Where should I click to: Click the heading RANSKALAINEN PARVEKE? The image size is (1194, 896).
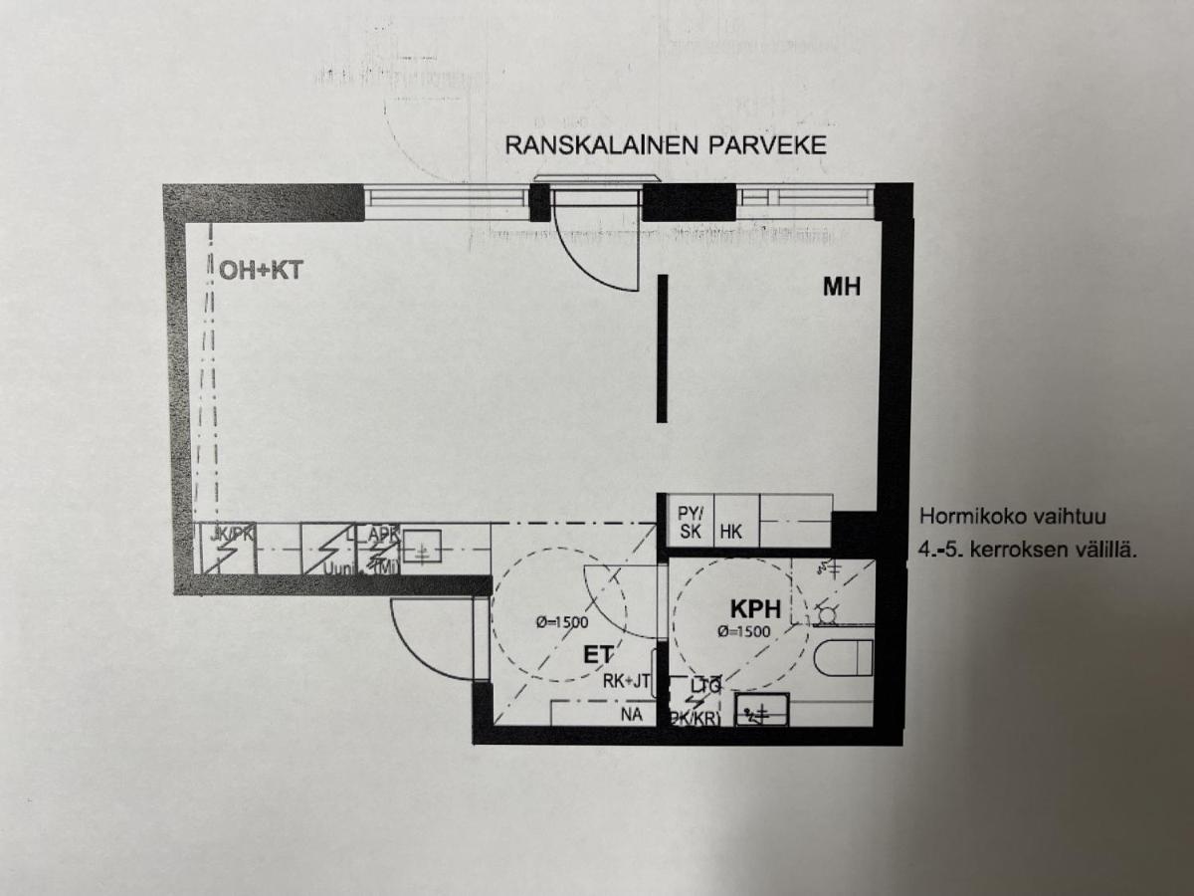click(666, 144)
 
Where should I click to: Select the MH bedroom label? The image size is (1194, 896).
click(841, 287)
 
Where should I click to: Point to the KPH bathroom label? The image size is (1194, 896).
click(753, 609)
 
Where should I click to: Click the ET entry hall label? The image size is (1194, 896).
click(597, 655)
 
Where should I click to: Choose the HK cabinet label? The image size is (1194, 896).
click(731, 532)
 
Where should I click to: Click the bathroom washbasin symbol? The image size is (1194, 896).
click(761, 710)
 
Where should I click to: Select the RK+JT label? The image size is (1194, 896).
click(627, 682)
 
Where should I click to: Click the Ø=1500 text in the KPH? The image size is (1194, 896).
click(743, 631)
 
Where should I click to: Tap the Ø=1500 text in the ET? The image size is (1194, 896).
click(561, 622)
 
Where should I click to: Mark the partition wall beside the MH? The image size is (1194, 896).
click(662, 348)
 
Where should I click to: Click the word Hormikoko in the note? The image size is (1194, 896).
click(964, 517)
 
